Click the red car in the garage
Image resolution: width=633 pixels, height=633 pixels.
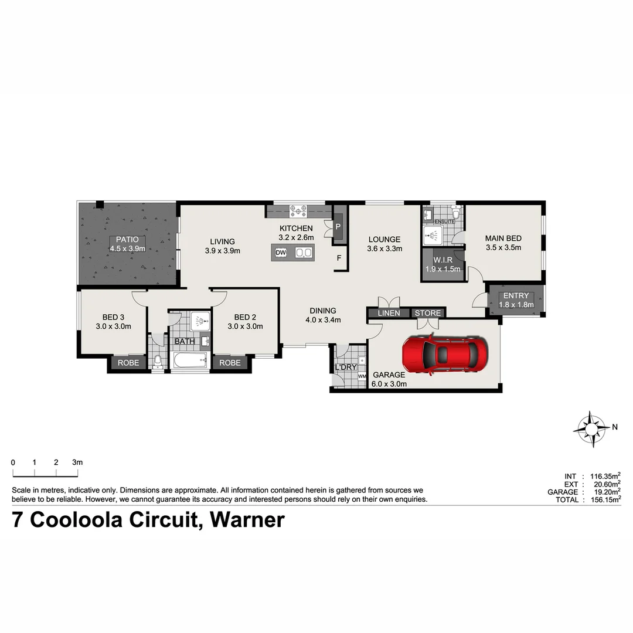[x=445, y=354]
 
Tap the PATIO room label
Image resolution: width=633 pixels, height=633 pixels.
[x=127, y=239]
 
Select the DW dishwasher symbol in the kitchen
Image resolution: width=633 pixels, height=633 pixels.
[x=281, y=253]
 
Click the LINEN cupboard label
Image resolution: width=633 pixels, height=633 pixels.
[x=389, y=313]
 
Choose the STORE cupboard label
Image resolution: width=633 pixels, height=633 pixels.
[x=428, y=313]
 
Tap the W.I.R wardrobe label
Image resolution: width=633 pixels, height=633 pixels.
[x=442, y=260]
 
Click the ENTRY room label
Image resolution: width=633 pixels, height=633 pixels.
[x=516, y=296]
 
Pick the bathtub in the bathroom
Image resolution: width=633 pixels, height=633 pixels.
[x=190, y=361]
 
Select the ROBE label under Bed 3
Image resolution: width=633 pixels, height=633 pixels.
[x=128, y=363]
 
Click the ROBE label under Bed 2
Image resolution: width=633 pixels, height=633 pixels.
[x=230, y=363]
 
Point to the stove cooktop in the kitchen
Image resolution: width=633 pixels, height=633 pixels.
[x=298, y=209]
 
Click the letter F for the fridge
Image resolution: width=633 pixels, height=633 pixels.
[x=339, y=257]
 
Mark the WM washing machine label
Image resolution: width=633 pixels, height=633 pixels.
[x=362, y=376]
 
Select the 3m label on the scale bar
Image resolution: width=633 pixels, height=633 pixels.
[x=77, y=462]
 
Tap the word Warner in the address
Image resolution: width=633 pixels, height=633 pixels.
[x=247, y=520]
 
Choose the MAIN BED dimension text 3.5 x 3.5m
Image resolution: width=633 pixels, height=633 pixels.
[x=503, y=248]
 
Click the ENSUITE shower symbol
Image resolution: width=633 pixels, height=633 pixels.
[x=433, y=236]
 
